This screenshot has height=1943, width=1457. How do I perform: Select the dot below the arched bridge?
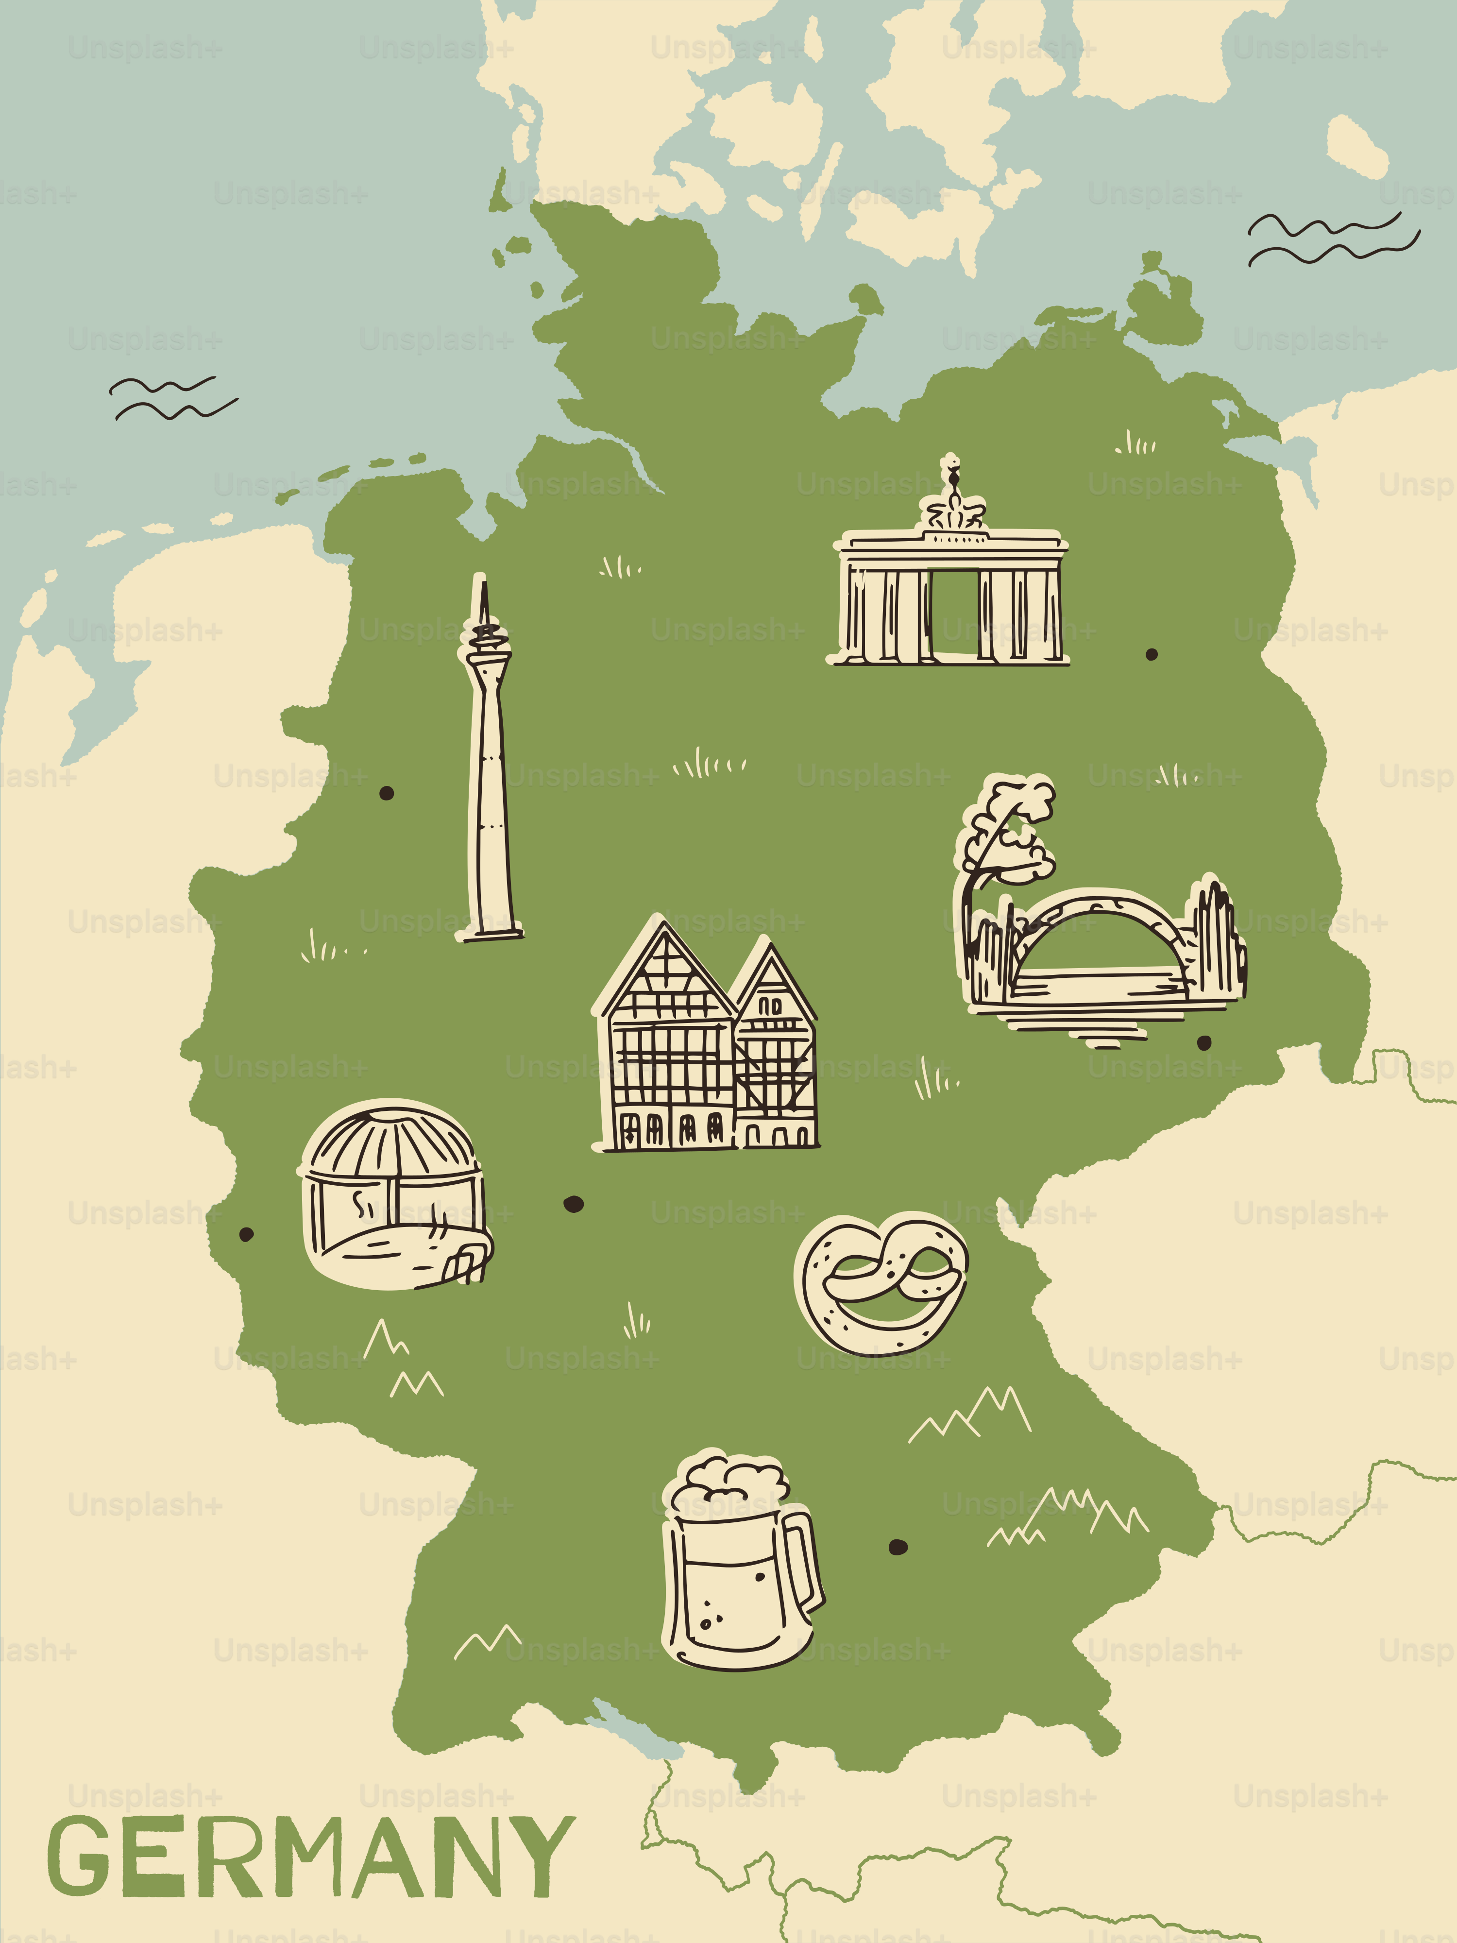pyautogui.click(x=1204, y=1042)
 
